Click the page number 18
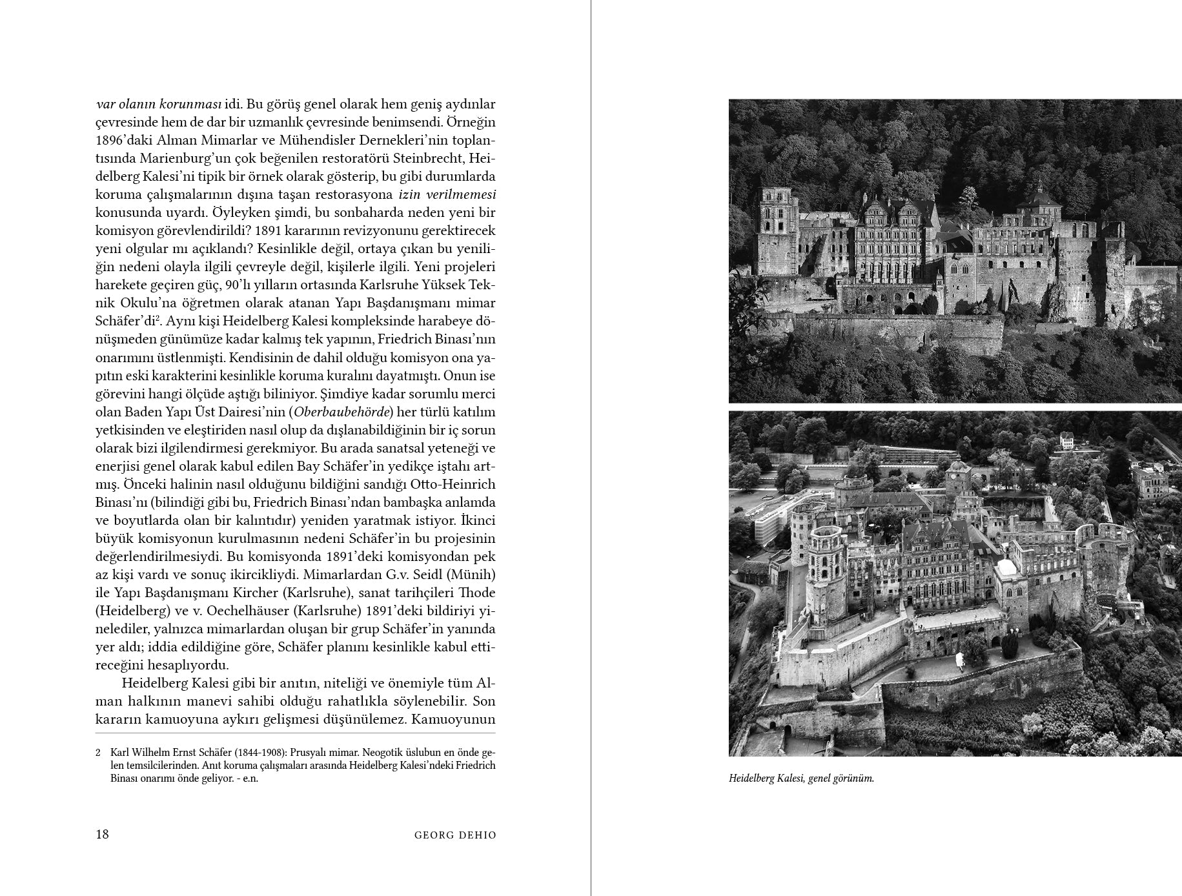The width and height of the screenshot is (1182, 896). (x=102, y=834)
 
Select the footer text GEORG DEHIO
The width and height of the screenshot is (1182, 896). (x=455, y=835)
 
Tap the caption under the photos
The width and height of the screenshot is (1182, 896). (x=800, y=779)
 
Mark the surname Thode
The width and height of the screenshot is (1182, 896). (x=476, y=593)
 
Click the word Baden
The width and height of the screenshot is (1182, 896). (x=142, y=412)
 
